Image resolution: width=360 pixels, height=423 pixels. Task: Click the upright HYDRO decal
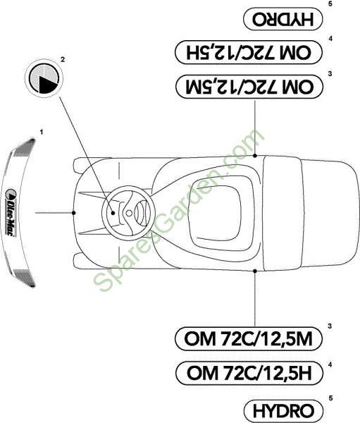point(283,411)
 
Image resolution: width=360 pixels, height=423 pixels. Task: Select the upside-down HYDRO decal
point(283,19)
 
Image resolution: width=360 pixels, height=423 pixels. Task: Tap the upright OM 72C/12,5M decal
point(249,338)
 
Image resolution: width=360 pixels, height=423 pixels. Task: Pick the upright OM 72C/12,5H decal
point(249,373)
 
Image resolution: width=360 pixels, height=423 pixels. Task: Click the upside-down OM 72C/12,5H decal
point(249,52)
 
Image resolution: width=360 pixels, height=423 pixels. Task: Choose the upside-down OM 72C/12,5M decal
point(249,87)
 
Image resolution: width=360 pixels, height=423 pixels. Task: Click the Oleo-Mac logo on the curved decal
point(11,212)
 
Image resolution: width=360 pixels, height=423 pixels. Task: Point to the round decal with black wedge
point(44,78)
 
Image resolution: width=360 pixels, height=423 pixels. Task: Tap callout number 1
point(42,133)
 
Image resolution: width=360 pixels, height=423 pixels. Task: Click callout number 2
point(63,59)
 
